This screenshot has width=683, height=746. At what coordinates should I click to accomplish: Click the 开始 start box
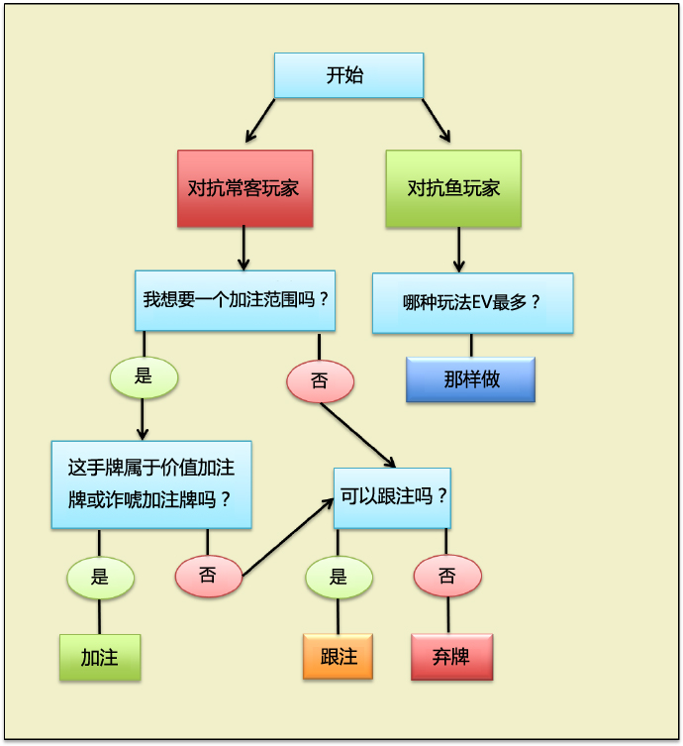(x=348, y=75)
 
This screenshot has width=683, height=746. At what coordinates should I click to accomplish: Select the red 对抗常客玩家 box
(x=244, y=188)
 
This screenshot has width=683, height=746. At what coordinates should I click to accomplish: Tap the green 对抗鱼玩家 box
(x=452, y=188)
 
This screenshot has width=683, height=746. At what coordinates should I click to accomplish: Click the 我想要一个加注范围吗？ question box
(x=235, y=299)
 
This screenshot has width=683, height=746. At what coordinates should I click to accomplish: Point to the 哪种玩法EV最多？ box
(x=472, y=303)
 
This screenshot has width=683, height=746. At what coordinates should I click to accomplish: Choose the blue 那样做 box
(x=470, y=379)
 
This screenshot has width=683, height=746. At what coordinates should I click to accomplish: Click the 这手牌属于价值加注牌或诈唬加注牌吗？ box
(x=151, y=483)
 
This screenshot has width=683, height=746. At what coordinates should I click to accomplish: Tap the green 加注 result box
(x=100, y=658)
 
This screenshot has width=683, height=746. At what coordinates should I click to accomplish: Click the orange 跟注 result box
(x=338, y=658)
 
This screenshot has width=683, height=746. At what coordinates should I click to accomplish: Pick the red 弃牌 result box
(x=451, y=658)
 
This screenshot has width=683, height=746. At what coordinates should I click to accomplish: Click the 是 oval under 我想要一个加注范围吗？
(x=144, y=376)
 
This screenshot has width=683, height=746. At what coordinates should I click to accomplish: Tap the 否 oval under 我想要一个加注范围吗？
(x=320, y=379)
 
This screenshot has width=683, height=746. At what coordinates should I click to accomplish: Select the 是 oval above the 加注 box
(x=100, y=577)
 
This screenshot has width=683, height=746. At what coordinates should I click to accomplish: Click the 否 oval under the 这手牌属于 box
(x=208, y=576)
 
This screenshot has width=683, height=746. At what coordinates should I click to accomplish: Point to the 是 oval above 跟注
(x=338, y=577)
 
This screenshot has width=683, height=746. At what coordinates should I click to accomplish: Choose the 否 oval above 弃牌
(x=447, y=577)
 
